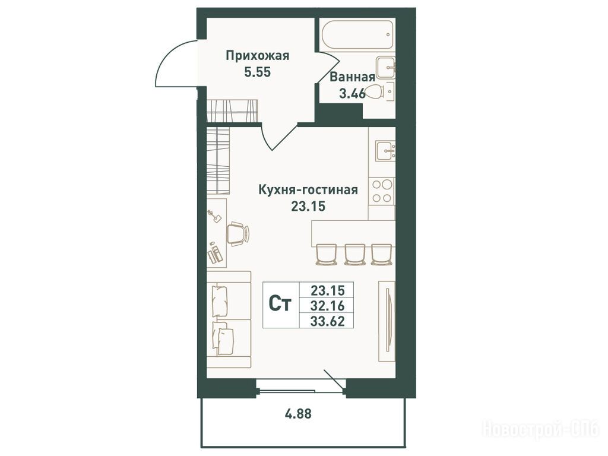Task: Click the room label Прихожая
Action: coord(258,56)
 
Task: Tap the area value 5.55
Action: coord(257,72)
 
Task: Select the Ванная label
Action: coord(353,77)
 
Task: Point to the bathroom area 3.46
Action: coord(352,93)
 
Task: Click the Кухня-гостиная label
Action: coord(308,190)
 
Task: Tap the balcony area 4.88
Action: coord(298,414)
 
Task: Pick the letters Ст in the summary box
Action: coord(280,305)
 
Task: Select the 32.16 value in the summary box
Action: coord(327,306)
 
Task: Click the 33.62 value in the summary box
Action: coord(327,321)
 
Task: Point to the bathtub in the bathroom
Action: coord(357,34)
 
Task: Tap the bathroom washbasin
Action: coord(386,68)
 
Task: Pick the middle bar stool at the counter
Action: coord(355,254)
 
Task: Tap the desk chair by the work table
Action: coord(237,234)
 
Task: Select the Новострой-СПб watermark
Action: coord(540,429)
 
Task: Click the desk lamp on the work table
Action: coord(214,216)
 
